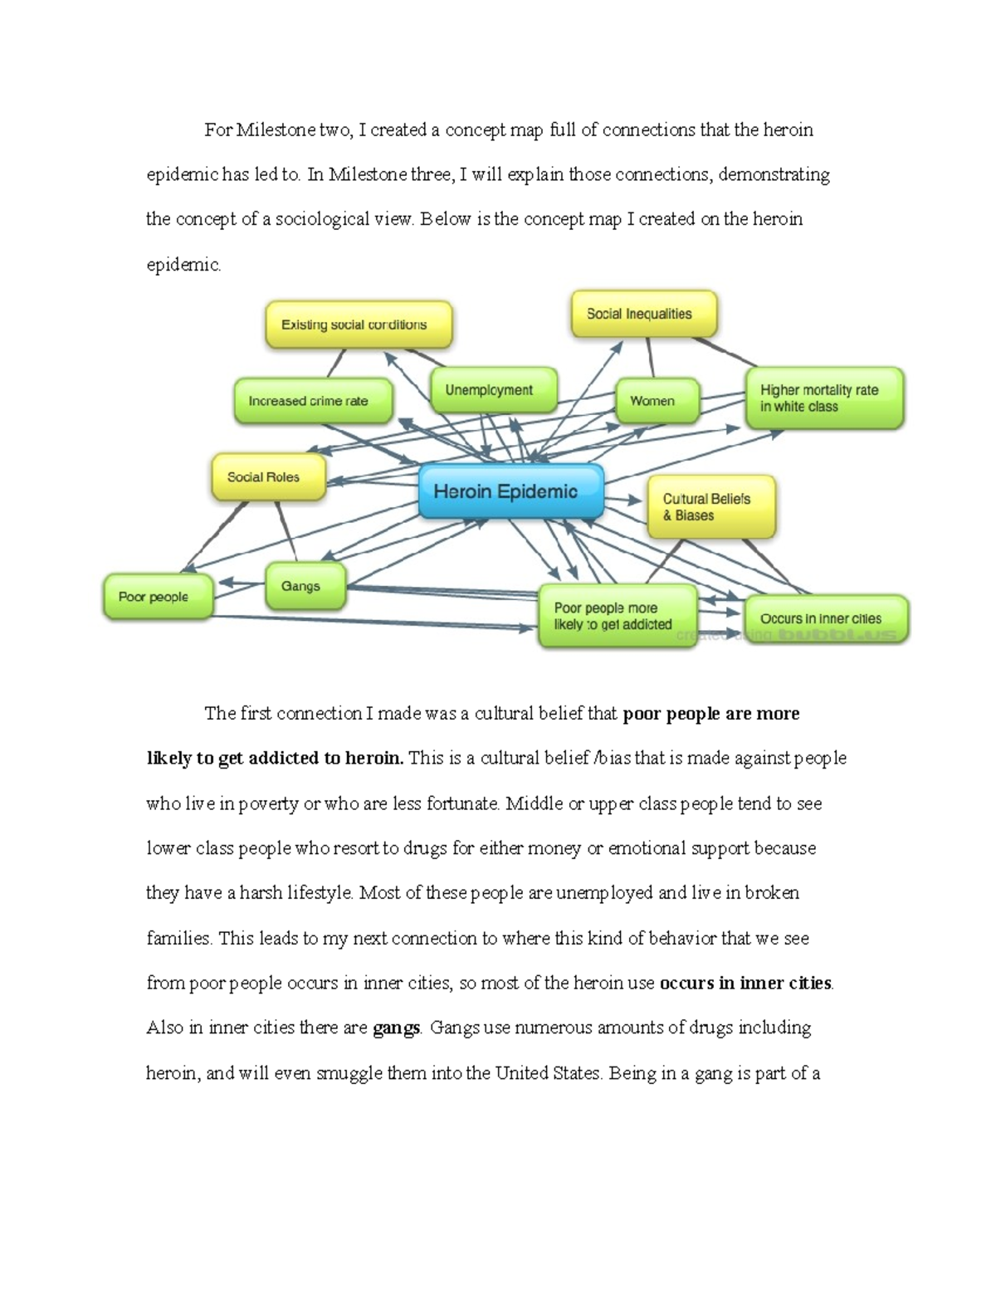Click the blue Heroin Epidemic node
coord(510,491)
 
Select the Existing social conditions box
coord(359,325)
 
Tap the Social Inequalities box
coord(643,314)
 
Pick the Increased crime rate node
coord(313,401)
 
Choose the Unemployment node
coord(493,390)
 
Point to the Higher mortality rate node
coord(823,398)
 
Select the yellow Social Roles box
coord(268,477)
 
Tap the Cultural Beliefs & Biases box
coord(711,507)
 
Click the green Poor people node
coord(158,597)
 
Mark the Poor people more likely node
coord(618,617)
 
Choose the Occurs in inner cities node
coord(826,619)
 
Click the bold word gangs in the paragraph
coord(397,1028)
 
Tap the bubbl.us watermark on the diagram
coord(839,635)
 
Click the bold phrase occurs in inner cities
coord(745,983)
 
